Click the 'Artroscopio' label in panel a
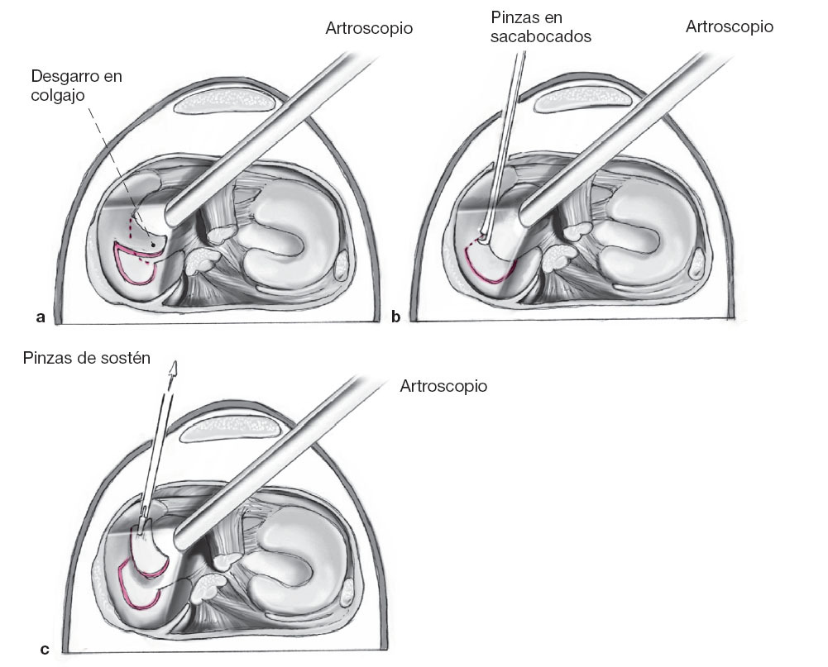[x=369, y=30]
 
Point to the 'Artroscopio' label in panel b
[x=730, y=27]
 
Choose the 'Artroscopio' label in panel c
[x=443, y=386]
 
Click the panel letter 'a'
[x=39, y=316]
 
